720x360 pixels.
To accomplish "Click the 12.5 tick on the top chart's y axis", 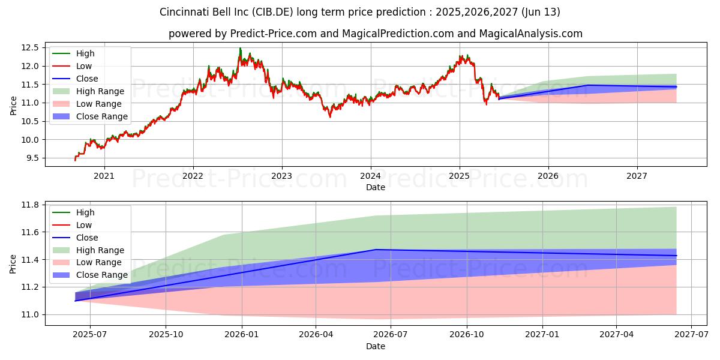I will pyautogui.click(x=31, y=47).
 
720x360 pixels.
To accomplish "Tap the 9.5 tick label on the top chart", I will pyautogui.click(x=33, y=158).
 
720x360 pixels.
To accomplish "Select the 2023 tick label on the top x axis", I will pyautogui.click(x=281, y=176).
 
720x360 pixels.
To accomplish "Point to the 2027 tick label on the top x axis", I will pyautogui.click(x=637, y=176).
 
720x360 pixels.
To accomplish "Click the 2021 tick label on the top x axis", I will pyautogui.click(x=104, y=176).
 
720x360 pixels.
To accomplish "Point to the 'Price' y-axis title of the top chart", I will pyautogui.click(x=13, y=106).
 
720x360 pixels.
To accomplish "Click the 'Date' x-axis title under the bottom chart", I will pyautogui.click(x=376, y=346).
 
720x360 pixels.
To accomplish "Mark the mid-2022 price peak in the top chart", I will pyautogui.click(x=240, y=49).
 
